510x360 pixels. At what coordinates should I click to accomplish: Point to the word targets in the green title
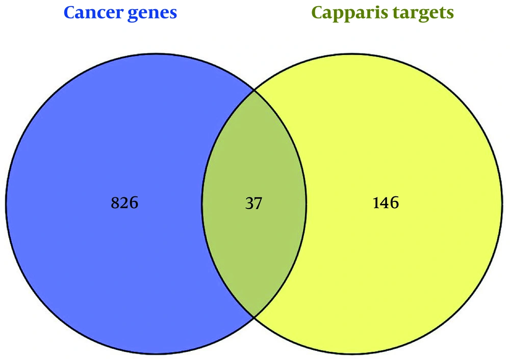(x=423, y=14)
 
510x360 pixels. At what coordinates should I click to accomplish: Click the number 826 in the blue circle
(x=124, y=202)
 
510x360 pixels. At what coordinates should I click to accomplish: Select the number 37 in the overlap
(x=253, y=203)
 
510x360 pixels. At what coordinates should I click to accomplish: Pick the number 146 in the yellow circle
(x=386, y=202)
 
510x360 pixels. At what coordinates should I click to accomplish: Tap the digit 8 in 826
(x=115, y=202)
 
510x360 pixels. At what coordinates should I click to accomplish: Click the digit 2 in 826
(x=124, y=202)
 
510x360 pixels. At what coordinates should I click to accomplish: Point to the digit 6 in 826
(x=134, y=202)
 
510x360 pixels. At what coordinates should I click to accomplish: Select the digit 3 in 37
(x=249, y=203)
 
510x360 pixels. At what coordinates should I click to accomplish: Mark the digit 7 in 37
(x=258, y=203)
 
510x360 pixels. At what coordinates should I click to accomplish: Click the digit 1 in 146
(x=376, y=202)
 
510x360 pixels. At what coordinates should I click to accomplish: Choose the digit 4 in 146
(x=385, y=202)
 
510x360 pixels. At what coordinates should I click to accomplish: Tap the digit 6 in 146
(x=395, y=202)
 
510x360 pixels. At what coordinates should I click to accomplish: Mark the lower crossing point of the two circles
(x=254, y=317)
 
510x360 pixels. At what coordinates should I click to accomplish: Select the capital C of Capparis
(x=317, y=13)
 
